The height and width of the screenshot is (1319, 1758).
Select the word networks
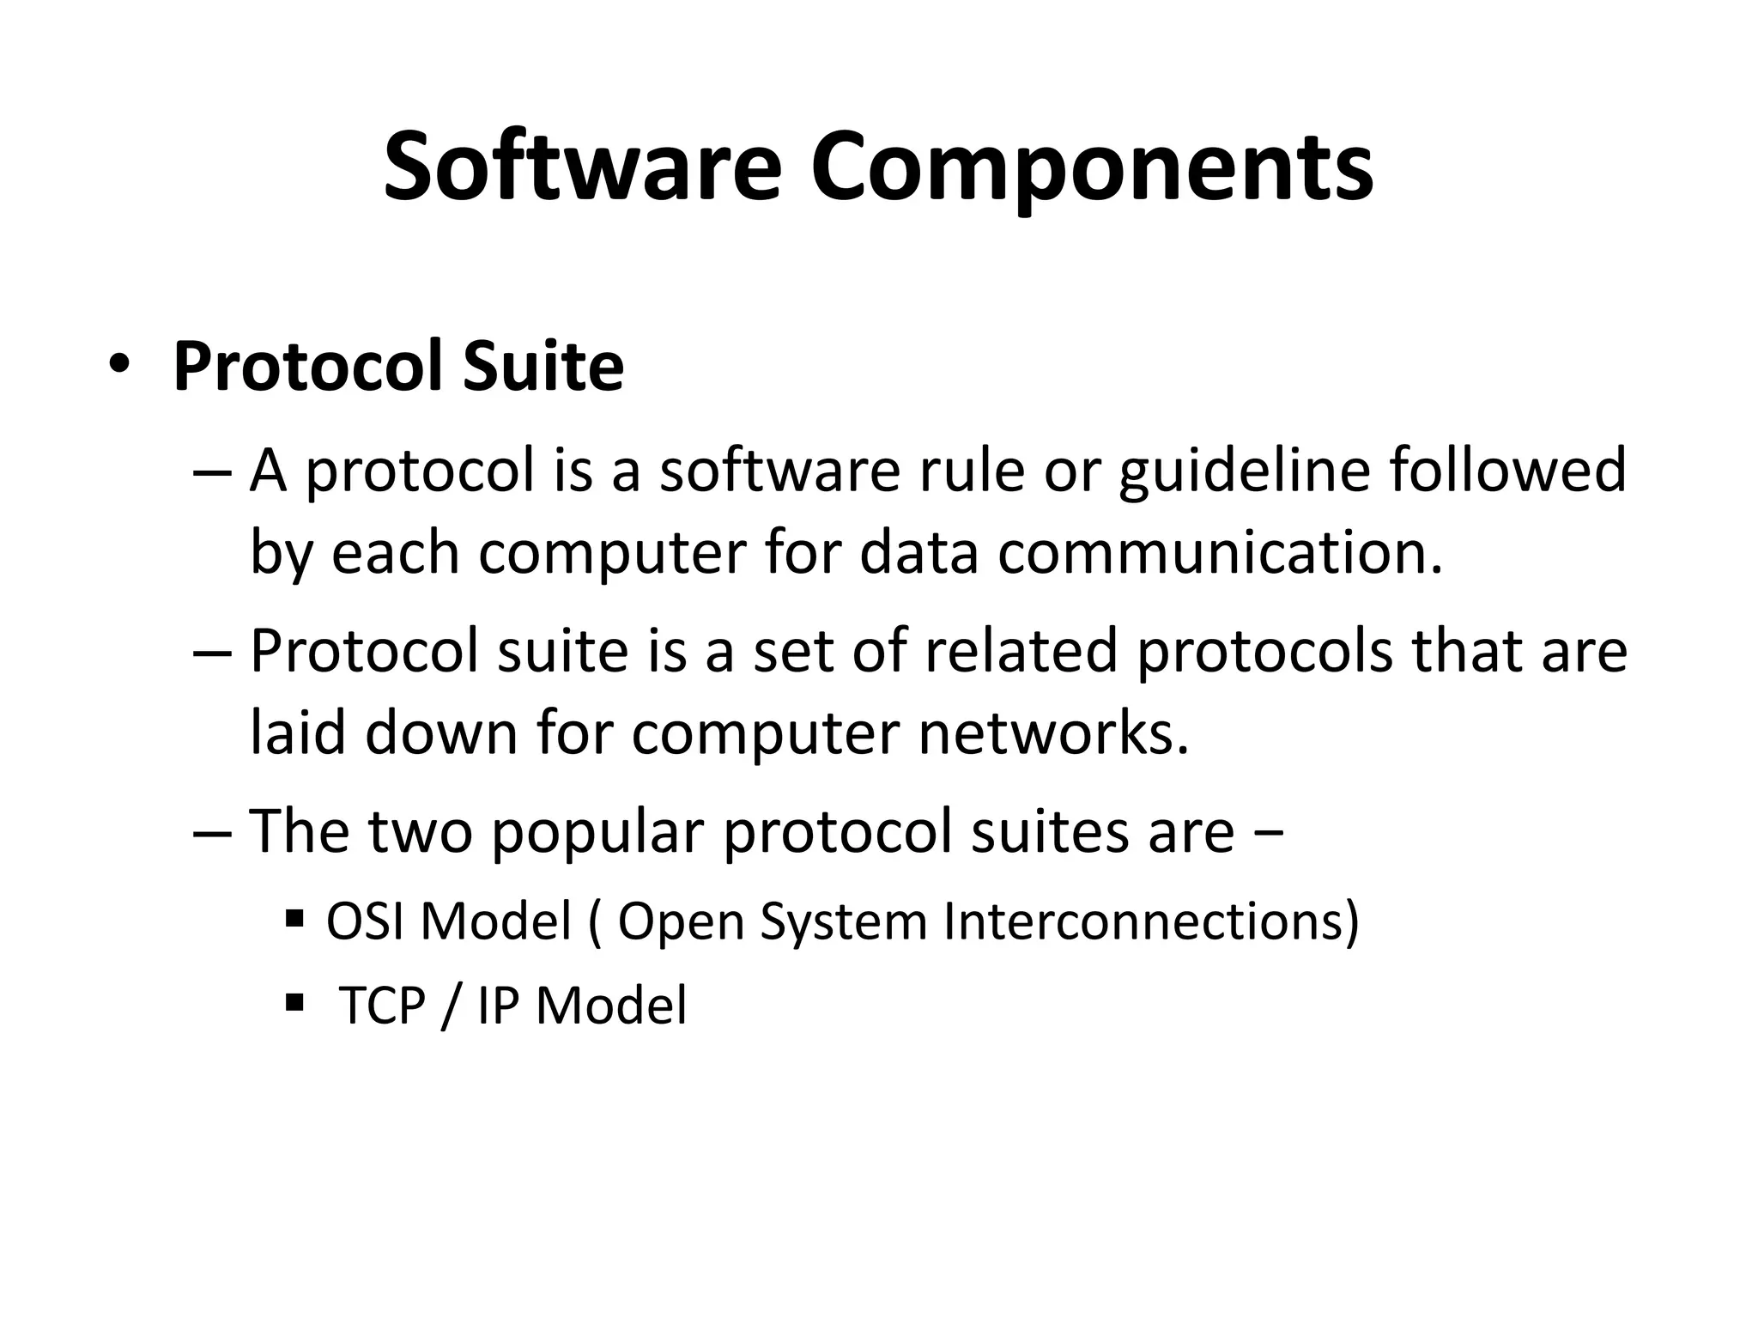point(1053,734)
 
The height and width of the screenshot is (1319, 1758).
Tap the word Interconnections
point(1150,921)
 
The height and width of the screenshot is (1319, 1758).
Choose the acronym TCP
point(383,1006)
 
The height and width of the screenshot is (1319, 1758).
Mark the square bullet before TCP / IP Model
point(294,1002)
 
